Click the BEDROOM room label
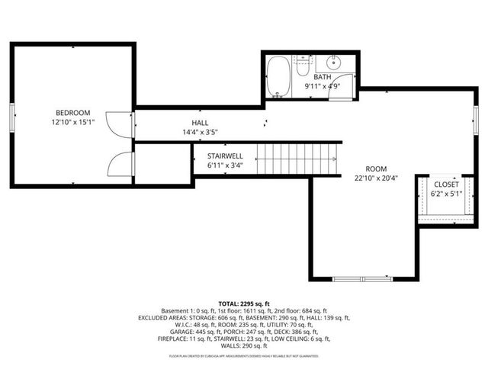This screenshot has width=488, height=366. tap(72, 112)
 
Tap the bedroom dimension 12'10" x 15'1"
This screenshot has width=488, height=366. tap(72, 122)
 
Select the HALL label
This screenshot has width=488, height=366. tap(200, 122)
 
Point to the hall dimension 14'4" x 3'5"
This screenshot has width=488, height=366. tap(200, 132)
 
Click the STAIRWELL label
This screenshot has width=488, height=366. tap(225, 155)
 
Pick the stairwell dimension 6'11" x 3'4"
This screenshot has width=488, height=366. tap(225, 165)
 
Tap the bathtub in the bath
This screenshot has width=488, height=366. tap(278, 79)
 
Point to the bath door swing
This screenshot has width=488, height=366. tap(347, 86)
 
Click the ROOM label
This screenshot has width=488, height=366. tap(376, 169)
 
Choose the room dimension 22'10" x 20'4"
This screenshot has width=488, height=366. tap(376, 178)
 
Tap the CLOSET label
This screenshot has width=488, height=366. tap(447, 184)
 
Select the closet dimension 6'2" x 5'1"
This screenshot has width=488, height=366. tap(447, 194)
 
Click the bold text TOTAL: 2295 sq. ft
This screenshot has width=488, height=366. tap(244, 303)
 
